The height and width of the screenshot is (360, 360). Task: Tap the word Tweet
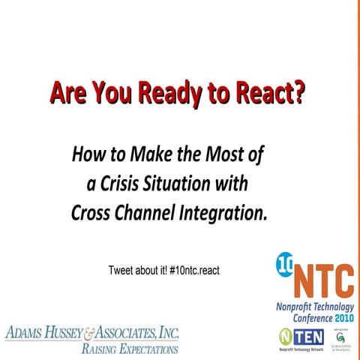coord(121,268)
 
